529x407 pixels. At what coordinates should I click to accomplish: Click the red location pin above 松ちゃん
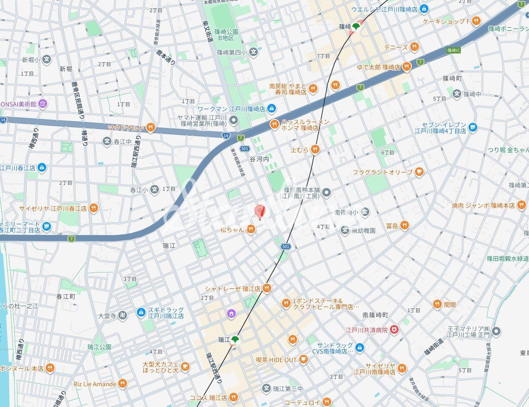(x=260, y=212)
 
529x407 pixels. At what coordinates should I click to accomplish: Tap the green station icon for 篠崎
(x=356, y=27)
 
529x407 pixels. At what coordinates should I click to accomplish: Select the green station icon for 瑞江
(x=235, y=340)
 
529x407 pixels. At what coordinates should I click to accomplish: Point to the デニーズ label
(x=396, y=47)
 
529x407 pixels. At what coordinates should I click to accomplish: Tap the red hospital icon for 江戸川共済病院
(x=394, y=330)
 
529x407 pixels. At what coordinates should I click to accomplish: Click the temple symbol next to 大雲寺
(x=124, y=316)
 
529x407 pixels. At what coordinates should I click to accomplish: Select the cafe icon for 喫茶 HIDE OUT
(x=304, y=359)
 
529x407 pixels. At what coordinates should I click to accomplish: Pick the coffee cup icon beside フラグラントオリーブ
(x=418, y=172)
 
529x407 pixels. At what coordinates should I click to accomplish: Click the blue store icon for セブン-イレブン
(x=473, y=127)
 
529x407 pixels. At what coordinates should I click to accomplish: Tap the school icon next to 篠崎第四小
(x=253, y=53)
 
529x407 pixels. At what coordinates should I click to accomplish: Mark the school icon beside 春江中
(x=107, y=141)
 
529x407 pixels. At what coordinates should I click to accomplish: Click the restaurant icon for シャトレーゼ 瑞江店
(x=267, y=288)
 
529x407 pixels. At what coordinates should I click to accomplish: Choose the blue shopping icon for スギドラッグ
(x=141, y=312)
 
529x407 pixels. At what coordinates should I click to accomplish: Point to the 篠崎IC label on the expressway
(x=453, y=50)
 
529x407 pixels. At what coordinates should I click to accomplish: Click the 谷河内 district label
(x=259, y=159)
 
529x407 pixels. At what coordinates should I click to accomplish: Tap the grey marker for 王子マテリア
(x=497, y=331)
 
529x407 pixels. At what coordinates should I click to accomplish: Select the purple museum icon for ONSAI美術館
(x=42, y=103)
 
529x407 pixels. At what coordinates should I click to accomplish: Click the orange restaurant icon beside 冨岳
(x=404, y=225)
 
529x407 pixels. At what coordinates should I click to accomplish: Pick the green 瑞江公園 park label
(x=99, y=347)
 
